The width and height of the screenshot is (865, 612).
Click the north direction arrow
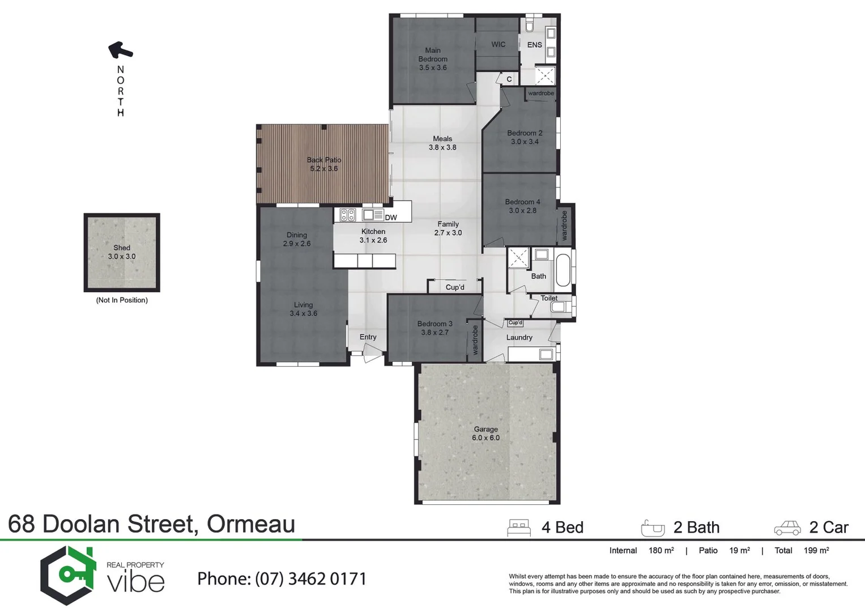coord(120,50)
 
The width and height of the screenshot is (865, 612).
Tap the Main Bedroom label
coord(433,54)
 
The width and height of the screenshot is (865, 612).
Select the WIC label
coord(498,45)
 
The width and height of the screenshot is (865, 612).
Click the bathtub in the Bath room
coord(564,271)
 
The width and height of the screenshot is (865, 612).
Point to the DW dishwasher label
coord(391,218)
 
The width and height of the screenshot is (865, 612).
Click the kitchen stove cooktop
coord(348,215)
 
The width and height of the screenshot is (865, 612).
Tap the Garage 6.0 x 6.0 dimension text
coord(485,438)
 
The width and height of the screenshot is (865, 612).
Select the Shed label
coord(122,248)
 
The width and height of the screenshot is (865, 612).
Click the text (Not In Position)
coord(122,300)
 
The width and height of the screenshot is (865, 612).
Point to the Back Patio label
coord(324,160)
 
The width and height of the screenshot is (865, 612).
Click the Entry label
coord(368,337)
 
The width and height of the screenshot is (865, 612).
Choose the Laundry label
coord(519,338)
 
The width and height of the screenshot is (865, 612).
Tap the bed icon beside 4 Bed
coord(519,528)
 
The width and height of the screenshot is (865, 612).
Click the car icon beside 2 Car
coord(787,528)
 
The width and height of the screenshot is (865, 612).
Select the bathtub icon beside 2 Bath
coord(653,528)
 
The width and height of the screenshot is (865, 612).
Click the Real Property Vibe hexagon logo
coord(67,575)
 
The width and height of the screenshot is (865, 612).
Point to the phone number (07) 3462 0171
coord(310,579)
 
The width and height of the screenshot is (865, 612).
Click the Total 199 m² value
coord(816,551)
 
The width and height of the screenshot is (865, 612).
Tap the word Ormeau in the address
coord(250,524)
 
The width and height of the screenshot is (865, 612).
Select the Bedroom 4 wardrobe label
coord(564,226)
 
